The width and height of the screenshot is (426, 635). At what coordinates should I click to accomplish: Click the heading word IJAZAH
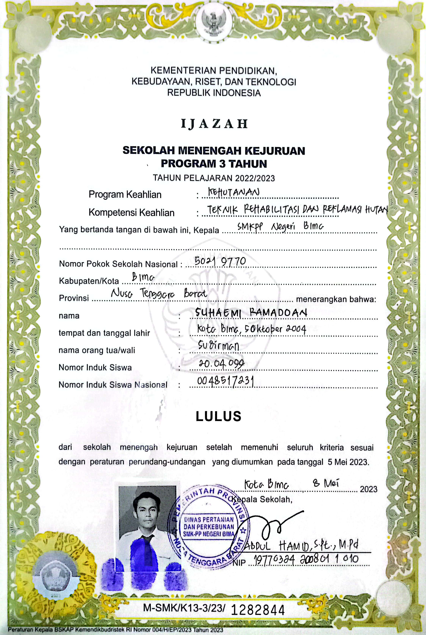tap(214, 124)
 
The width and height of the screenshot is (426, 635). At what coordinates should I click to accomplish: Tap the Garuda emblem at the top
tap(213, 24)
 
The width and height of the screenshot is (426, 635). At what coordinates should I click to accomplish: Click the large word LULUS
tap(218, 416)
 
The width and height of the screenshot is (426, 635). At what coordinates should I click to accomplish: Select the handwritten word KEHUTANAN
tap(234, 192)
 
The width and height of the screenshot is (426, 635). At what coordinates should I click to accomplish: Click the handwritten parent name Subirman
tap(219, 346)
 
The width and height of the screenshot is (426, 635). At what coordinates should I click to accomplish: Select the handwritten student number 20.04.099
tap(221, 363)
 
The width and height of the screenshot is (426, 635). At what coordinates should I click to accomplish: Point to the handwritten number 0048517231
tap(226, 381)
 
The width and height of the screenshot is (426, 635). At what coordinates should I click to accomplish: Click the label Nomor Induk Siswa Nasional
tap(113, 385)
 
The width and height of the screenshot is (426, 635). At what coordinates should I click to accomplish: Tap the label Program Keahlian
tap(125, 195)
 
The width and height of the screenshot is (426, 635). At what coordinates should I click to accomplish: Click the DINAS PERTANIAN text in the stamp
tap(209, 520)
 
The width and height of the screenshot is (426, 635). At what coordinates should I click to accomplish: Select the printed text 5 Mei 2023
tap(348, 462)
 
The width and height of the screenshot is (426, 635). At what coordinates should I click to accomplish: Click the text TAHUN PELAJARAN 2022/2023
tap(214, 178)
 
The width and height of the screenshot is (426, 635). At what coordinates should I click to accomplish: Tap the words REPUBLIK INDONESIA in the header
tap(214, 93)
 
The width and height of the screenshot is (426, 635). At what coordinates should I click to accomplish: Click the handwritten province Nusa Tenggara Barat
tap(159, 294)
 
